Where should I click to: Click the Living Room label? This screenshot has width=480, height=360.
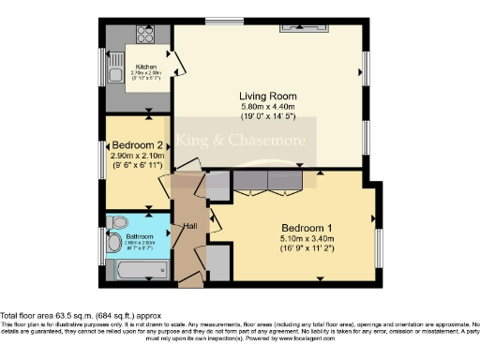[x=267, y=97]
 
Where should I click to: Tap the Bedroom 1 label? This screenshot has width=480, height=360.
[x=307, y=228]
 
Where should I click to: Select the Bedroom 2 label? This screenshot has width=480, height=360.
[x=138, y=145]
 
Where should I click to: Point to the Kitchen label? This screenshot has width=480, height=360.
[x=145, y=67]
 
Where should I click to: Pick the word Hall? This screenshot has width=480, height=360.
[x=189, y=225]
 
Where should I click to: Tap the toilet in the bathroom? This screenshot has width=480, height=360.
[x=116, y=221]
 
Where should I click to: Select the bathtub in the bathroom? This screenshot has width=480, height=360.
[x=141, y=272]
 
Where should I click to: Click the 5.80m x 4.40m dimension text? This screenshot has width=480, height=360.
[x=267, y=108]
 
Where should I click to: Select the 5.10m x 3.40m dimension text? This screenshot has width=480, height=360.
[x=307, y=239]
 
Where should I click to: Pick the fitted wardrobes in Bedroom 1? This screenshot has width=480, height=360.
[x=268, y=180]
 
